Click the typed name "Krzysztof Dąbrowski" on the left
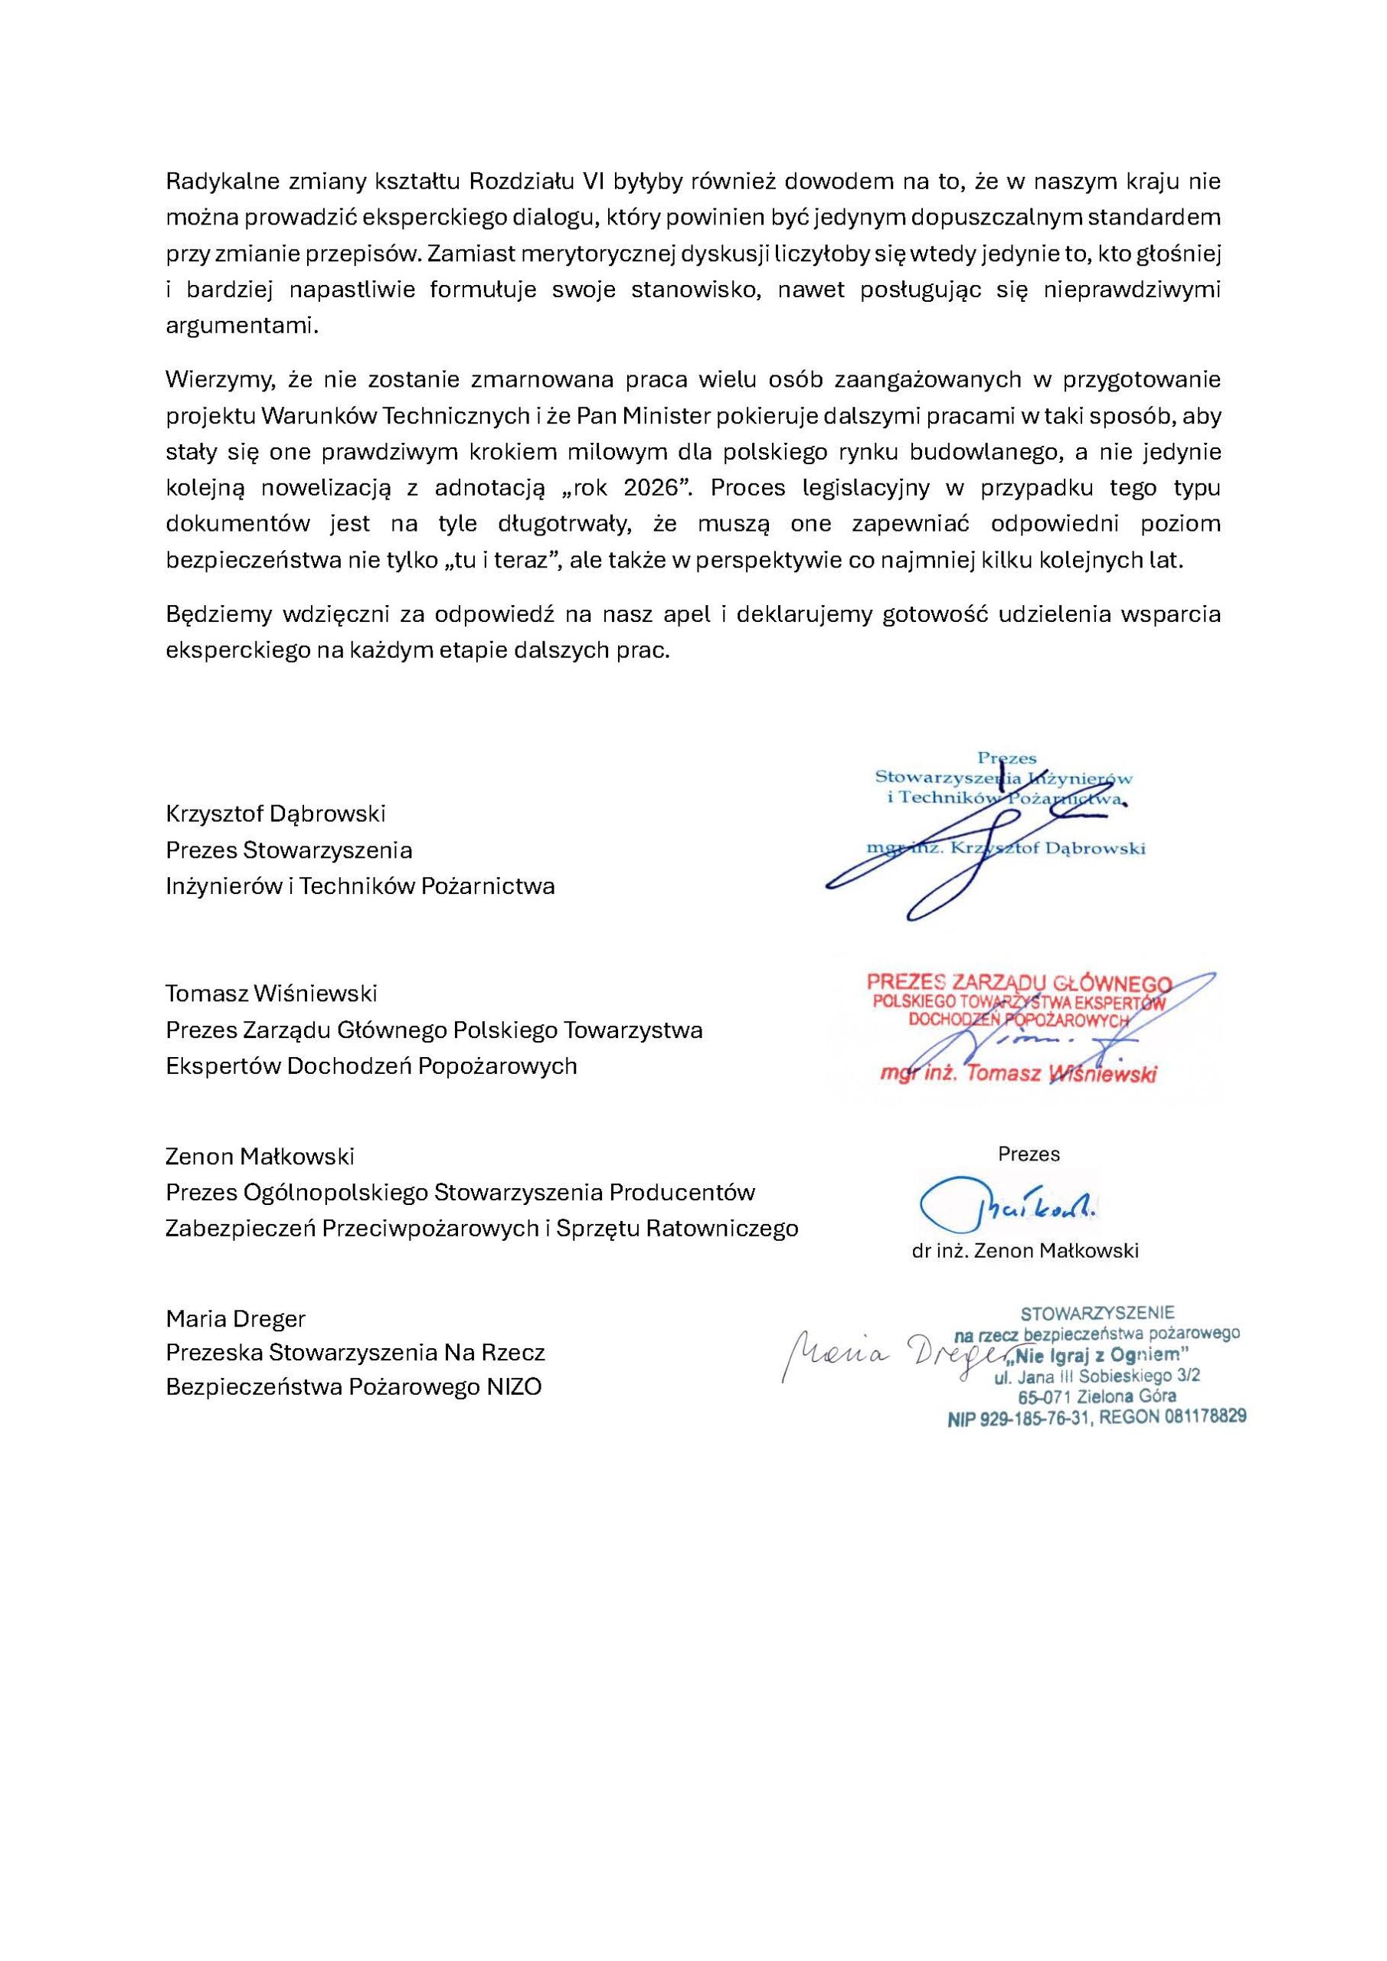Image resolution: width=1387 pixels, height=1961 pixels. pos(275,813)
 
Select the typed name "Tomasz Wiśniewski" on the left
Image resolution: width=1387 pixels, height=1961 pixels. pos(271,994)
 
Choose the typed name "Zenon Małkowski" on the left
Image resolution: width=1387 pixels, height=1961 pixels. pos(260,1157)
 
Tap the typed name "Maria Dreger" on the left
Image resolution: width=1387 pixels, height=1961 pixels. pos(235,1319)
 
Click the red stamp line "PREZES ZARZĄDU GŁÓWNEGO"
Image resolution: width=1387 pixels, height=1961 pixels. pos(1019,983)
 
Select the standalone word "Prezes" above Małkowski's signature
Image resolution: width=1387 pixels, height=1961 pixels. pos(1029,1154)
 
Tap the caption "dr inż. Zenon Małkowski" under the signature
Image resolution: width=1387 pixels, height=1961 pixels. pos(1025,1251)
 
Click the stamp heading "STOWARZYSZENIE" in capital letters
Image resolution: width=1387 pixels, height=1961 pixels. pos(1097,1313)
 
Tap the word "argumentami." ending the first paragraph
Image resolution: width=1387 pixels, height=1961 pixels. pos(242,327)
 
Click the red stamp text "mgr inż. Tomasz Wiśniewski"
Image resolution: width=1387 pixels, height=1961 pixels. pos(1018,1075)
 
